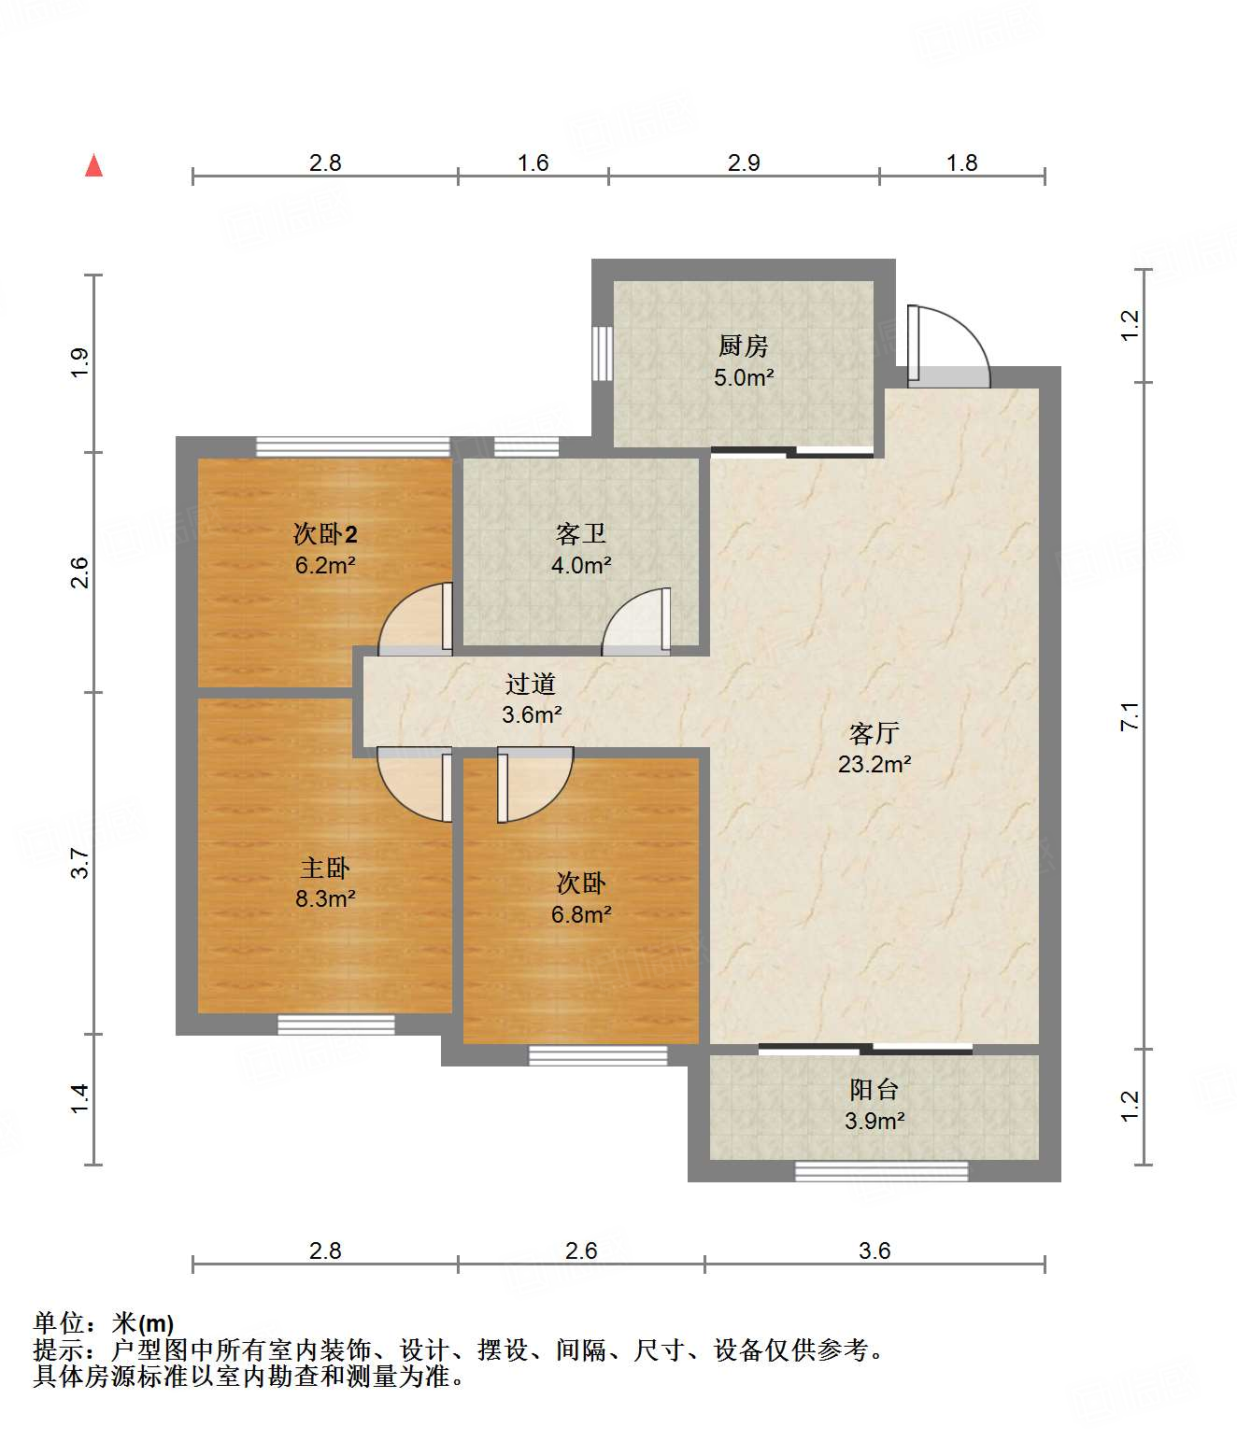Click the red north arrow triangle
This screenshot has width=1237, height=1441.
pyautogui.click(x=94, y=166)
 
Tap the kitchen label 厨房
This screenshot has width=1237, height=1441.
pyautogui.click(x=744, y=346)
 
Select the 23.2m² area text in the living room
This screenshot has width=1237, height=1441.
pyautogui.click(x=874, y=764)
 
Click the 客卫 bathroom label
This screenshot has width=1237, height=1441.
pyautogui.click(x=581, y=534)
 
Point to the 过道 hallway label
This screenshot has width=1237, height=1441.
pyautogui.click(x=531, y=684)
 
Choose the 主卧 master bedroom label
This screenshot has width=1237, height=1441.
pyautogui.click(x=325, y=868)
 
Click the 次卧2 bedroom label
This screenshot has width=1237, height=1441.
pyautogui.click(x=325, y=534)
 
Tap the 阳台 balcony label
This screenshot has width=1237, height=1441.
pyautogui.click(x=874, y=1090)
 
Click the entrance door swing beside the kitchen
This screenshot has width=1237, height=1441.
pyautogui.click(x=948, y=346)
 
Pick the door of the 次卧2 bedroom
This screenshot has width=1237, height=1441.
pyautogui.click(x=415, y=619)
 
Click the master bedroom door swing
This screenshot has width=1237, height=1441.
pyautogui.click(x=414, y=784)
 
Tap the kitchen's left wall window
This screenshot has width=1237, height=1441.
pyautogui.click(x=603, y=353)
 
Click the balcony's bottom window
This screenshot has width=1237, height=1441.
pyautogui.click(x=881, y=1171)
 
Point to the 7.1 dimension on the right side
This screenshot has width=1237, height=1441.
pyautogui.click(x=1130, y=716)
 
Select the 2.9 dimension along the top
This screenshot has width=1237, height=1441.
pyautogui.click(x=744, y=163)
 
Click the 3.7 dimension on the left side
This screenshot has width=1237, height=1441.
pyautogui.click(x=80, y=863)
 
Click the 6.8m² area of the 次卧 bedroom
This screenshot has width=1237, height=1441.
pyautogui.click(x=581, y=914)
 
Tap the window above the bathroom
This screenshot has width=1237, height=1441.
pyautogui.click(x=526, y=447)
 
